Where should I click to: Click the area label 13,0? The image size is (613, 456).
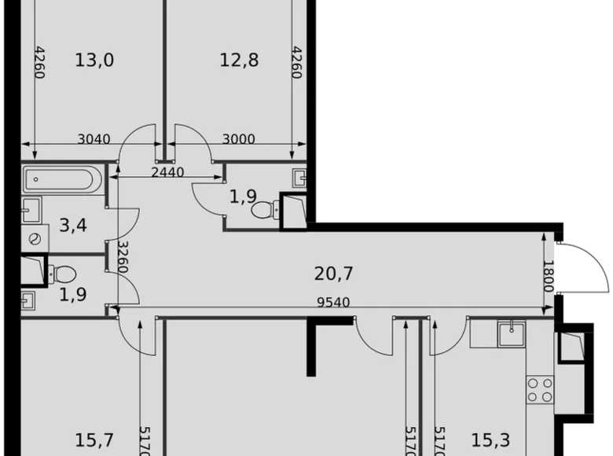tap(94, 60)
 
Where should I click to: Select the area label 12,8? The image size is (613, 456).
tap(239, 60)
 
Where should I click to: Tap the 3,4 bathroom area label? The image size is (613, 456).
tap(73, 227)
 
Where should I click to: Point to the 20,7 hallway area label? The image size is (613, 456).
tap(333, 274)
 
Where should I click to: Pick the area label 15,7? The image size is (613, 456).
tap(94, 440)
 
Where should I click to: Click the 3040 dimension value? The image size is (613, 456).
tap(94, 140)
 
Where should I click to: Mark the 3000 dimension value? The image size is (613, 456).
tap(238, 140)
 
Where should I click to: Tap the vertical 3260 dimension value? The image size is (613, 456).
tap(123, 257)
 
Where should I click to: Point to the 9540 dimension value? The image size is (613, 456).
tap(334, 302)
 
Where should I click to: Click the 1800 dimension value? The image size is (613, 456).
tap(549, 276)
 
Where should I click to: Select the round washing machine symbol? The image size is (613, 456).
tap(33, 238)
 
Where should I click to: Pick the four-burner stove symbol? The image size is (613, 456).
tap(540, 389)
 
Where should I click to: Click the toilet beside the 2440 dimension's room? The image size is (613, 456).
tap(262, 209)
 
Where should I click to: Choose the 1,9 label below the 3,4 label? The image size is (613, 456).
tap(72, 296)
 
